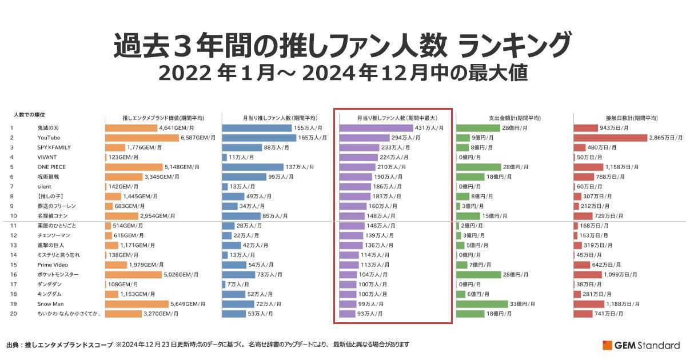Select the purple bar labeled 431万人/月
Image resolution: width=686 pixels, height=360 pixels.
[x=376, y=128]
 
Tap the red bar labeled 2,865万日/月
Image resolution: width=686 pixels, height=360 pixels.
[x=610, y=138]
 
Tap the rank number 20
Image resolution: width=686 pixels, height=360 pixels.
[x=13, y=313]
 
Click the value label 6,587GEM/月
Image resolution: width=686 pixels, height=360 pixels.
[x=198, y=138]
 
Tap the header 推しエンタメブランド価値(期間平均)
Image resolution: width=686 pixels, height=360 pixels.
[x=163, y=118]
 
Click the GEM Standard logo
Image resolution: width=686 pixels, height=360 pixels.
[x=641, y=345]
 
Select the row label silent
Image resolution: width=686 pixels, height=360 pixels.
[x=44, y=186]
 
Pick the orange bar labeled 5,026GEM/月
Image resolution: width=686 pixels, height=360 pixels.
[x=133, y=274]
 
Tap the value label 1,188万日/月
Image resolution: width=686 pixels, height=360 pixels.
[x=623, y=303]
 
